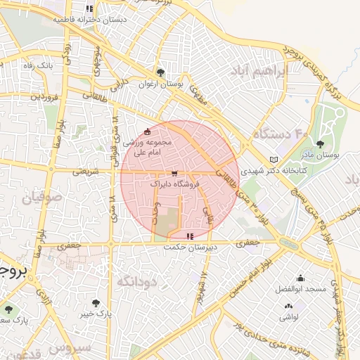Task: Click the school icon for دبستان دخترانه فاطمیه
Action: coord(89,8)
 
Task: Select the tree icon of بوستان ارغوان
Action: coord(162,72)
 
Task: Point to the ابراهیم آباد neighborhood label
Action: coord(260,72)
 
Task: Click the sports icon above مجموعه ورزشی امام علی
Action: coord(146,131)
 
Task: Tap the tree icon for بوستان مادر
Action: coord(321,143)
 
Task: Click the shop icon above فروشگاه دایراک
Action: coord(174,173)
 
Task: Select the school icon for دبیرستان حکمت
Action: coord(190,236)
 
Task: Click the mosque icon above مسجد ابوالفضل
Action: coord(301,278)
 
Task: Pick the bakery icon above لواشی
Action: coord(288,307)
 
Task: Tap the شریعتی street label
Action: coord(96,171)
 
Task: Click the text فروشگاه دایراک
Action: coord(176,184)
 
